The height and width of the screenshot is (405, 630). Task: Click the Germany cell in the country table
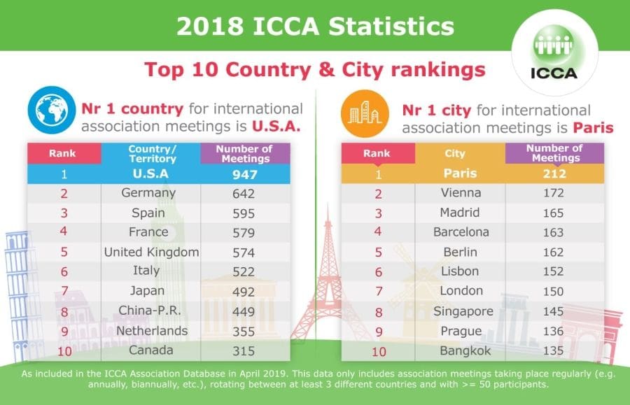(148, 193)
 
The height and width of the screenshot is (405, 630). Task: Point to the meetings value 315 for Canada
(244, 350)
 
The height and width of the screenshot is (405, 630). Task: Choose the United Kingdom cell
(151, 252)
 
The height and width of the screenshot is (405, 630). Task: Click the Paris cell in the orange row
(459, 173)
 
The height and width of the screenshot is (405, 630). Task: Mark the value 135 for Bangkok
(553, 350)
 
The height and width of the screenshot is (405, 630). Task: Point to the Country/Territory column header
(151, 153)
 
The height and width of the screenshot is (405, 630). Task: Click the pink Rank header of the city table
(377, 153)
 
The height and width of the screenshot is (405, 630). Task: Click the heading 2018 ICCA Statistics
(315, 27)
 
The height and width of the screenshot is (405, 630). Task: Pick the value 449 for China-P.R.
(244, 311)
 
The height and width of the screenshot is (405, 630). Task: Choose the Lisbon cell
(459, 271)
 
